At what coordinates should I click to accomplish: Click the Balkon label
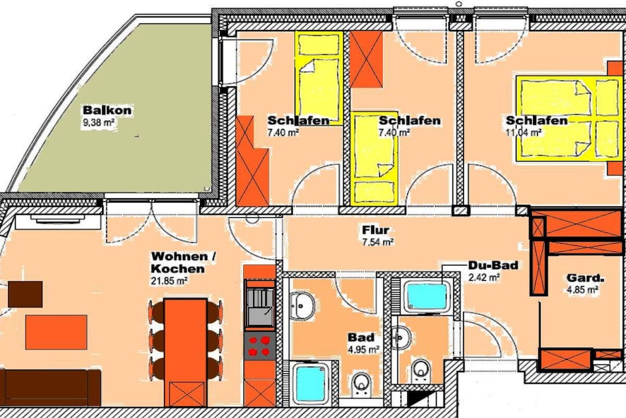pyautogui.click(x=107, y=110)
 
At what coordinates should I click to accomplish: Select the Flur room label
pyautogui.click(x=376, y=230)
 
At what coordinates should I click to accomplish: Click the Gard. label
pyautogui.click(x=583, y=278)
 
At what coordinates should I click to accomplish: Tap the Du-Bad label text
pyautogui.click(x=493, y=266)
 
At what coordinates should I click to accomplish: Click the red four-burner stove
pyautogui.click(x=259, y=346)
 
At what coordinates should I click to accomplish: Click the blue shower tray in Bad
pyautogui.click(x=311, y=383)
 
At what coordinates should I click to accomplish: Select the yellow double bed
pyautogui.click(x=569, y=118)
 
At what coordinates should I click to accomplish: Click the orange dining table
pyautogui.click(x=186, y=353)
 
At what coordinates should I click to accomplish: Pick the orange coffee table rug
pyautogui.click(x=56, y=332)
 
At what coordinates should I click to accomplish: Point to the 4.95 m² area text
pyautogui.click(x=364, y=350)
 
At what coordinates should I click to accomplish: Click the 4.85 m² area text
pyautogui.click(x=583, y=289)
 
